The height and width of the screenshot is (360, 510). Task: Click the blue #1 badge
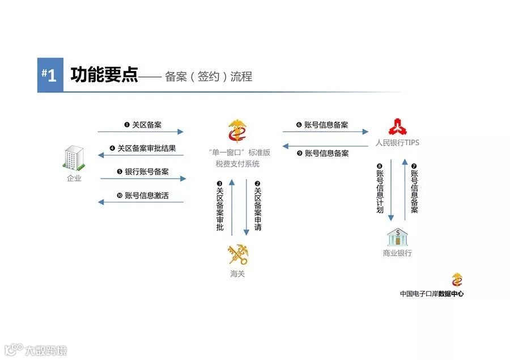pos(50,75)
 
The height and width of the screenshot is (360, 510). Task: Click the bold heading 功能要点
pos(104,74)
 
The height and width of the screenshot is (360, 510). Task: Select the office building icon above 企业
pos(74,158)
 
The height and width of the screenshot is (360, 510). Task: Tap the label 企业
pos(74,178)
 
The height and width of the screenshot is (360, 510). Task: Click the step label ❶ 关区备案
pos(143,125)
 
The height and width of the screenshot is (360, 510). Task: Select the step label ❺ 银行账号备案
pos(143,172)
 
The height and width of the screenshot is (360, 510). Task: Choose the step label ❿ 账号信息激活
pos(143,195)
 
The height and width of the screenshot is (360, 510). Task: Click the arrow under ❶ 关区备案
pos(141,132)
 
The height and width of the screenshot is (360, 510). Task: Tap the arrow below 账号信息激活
pos(141,202)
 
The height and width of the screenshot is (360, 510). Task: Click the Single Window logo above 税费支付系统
pos(237,131)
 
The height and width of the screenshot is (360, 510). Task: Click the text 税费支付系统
pos(237,164)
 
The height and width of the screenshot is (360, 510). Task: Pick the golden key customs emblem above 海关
pos(238,254)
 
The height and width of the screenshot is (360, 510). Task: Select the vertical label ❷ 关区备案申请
pos(258,206)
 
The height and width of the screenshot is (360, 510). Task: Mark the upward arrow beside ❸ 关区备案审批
pos(232,207)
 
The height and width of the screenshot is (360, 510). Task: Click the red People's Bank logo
pos(397,127)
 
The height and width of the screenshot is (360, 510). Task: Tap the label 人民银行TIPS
pos(397,142)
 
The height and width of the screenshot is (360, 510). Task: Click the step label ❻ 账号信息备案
pos(322,125)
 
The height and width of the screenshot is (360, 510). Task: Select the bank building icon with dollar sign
pos(397,237)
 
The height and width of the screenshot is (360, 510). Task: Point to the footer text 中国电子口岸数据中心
pos(432,294)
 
